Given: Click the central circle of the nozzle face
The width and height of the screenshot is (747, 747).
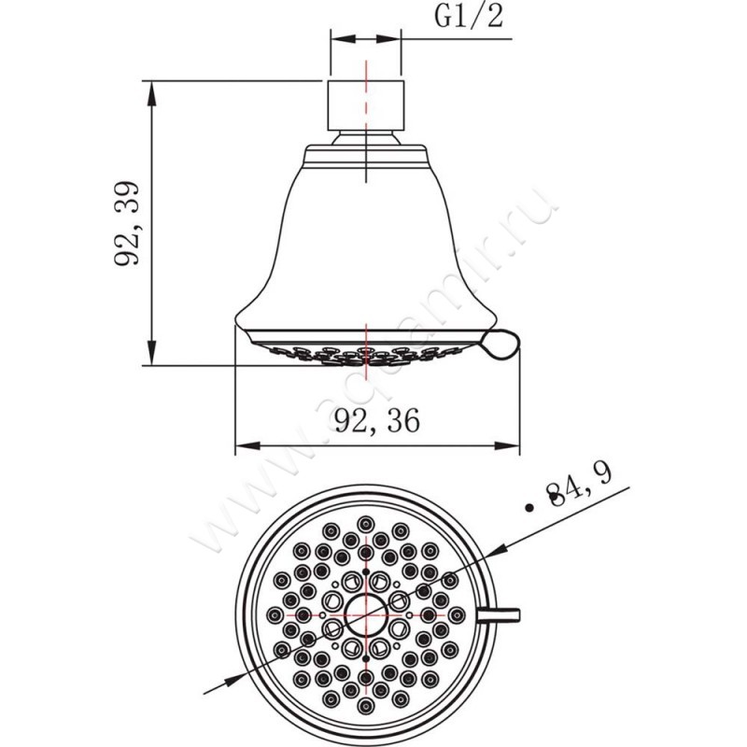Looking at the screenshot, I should coord(366,615).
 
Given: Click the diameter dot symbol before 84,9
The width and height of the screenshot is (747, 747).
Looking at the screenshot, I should coord(531,507).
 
